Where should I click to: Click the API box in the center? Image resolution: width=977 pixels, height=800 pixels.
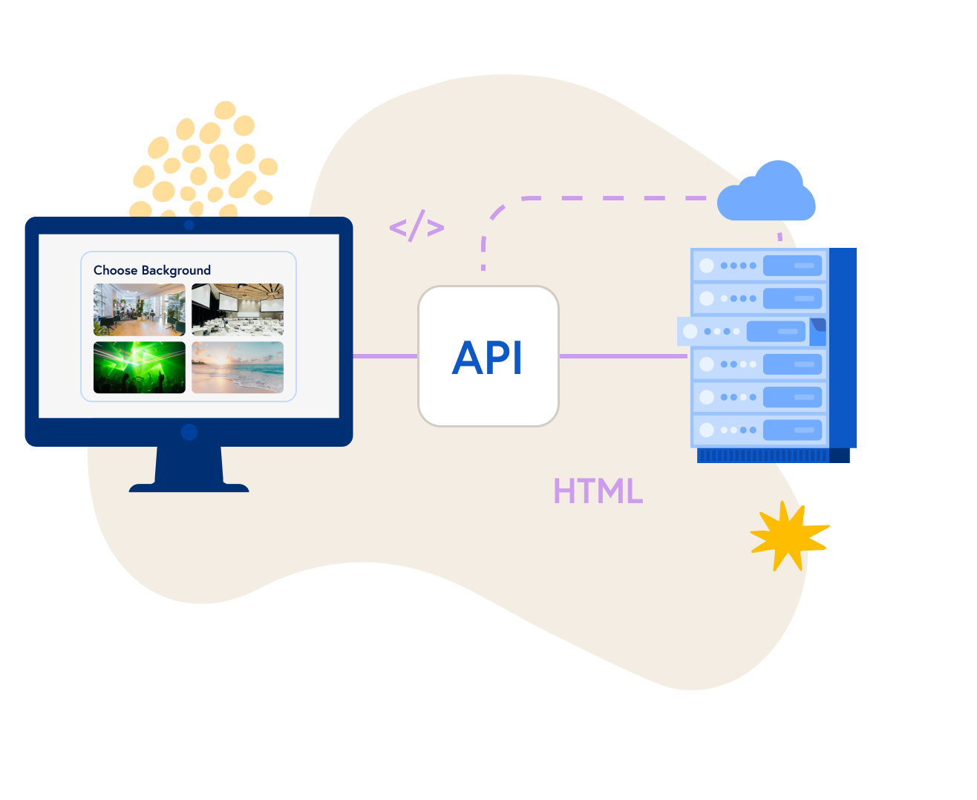[x=488, y=356]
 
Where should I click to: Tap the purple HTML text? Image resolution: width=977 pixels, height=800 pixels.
[x=598, y=491]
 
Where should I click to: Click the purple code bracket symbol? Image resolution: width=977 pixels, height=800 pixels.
[x=416, y=226]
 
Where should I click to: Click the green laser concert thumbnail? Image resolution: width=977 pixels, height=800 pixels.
[x=140, y=367]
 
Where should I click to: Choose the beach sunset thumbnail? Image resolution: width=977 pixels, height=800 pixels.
[x=238, y=367]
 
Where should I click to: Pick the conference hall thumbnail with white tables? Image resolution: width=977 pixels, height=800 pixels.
[x=238, y=309]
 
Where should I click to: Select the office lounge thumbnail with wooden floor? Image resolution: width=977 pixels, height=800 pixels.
[x=140, y=309]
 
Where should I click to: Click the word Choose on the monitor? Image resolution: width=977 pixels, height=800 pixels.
[x=115, y=270]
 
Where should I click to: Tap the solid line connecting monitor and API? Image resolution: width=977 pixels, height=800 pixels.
[x=385, y=356]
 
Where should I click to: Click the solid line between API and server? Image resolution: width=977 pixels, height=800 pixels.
[x=624, y=356]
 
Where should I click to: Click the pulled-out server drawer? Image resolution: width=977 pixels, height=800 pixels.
[x=750, y=331]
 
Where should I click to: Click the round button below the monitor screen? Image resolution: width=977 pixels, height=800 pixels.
[x=189, y=432]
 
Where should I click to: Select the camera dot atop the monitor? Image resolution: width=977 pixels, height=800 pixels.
[x=189, y=225]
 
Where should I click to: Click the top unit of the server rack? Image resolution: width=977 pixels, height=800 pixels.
[x=759, y=265]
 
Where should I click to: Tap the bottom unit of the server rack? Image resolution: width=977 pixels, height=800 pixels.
[x=759, y=430]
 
